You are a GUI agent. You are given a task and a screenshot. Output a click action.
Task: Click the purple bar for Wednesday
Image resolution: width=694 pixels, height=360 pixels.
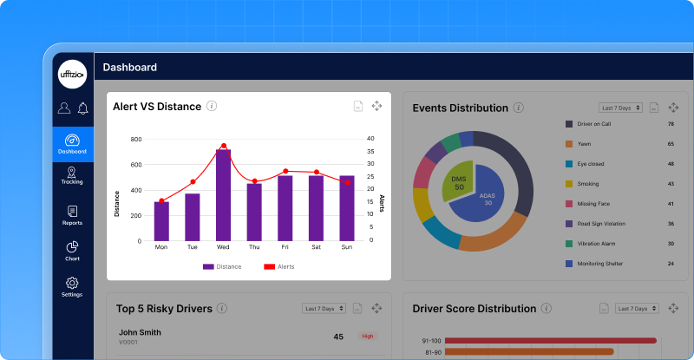point(223,195)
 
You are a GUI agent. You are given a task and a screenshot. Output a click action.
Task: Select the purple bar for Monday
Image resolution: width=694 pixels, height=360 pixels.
point(161,221)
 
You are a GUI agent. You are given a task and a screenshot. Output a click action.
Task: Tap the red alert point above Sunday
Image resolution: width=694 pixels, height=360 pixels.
point(347,182)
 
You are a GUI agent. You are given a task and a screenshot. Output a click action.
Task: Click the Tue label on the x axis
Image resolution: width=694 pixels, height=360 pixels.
point(192,247)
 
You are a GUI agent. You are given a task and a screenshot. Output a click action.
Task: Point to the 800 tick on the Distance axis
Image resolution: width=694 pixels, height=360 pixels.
point(135,139)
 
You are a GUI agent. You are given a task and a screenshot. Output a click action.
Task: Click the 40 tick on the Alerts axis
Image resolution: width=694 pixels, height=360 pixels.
point(370,139)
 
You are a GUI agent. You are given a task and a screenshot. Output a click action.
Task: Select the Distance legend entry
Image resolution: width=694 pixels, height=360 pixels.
point(223,266)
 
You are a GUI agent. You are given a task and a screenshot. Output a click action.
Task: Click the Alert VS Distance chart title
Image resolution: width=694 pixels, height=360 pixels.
point(157,107)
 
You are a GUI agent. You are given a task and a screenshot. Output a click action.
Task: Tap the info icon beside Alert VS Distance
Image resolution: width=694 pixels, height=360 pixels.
point(212,106)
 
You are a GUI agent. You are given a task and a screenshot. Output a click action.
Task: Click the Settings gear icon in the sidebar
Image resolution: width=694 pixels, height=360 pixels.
point(72,283)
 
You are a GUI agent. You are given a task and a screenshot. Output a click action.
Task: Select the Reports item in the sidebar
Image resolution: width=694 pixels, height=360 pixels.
point(72,215)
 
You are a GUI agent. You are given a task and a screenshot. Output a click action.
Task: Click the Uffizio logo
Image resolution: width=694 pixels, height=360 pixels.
point(72,74)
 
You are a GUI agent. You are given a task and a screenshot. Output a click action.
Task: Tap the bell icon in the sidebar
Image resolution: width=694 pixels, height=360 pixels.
point(83,108)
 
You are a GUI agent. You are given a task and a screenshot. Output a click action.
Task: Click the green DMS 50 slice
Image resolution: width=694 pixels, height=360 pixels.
point(457,181)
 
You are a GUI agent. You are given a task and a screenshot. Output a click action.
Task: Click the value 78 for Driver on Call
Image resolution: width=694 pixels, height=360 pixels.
point(671,124)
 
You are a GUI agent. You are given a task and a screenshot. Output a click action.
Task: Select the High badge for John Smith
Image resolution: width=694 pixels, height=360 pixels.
point(368,337)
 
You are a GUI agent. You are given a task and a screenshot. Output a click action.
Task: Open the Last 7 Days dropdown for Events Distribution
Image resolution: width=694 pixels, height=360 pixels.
point(621,108)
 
